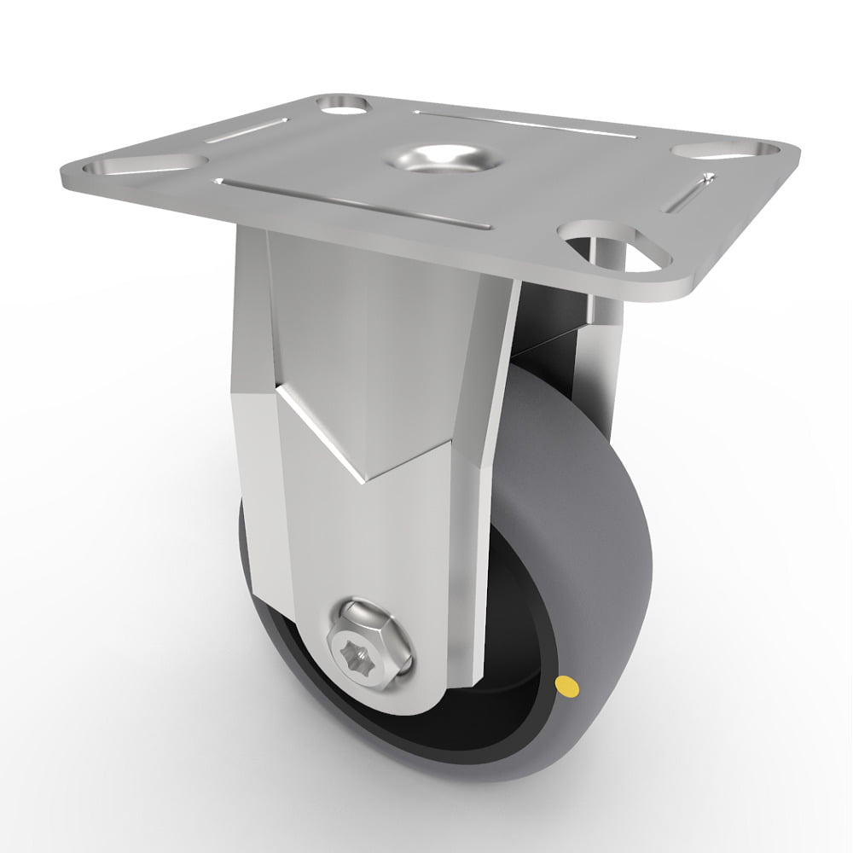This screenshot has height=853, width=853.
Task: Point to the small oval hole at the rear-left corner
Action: coord(342,105)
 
